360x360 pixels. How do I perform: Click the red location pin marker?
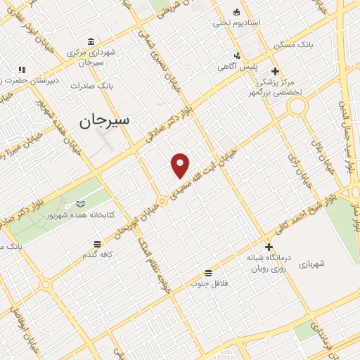[x=181, y=165]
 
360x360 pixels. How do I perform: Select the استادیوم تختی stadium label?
[x=237, y=22]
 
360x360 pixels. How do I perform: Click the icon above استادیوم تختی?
[x=236, y=12]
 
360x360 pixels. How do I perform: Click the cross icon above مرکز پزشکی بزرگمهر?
[x=276, y=71]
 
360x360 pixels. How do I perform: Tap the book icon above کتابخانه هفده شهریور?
[x=80, y=203]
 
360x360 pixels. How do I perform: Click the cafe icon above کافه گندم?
[x=98, y=244]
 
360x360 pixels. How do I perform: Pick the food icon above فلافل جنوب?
[x=208, y=272]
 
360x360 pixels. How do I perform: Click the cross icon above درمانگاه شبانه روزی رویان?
[x=269, y=247]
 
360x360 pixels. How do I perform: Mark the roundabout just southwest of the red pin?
[x=162, y=201]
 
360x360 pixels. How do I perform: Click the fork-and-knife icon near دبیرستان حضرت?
[x=22, y=70]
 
